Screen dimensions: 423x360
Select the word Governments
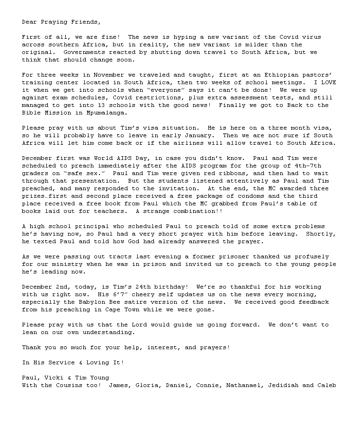click(83, 52)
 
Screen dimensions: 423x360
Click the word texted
click(44, 241)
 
